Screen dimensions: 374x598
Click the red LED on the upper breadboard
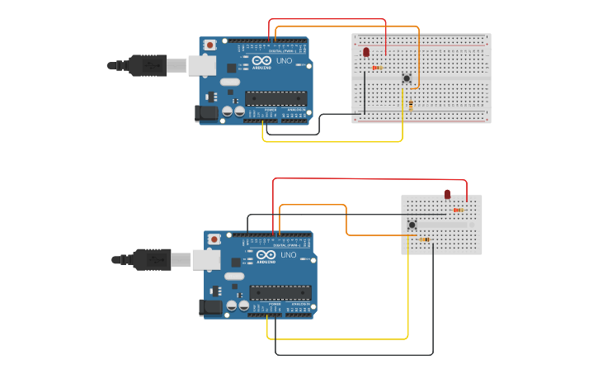[x=366, y=52]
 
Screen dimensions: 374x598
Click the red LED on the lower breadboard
[x=447, y=195]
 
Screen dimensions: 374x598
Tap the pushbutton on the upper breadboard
[x=406, y=78]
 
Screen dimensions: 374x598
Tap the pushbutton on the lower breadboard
[x=412, y=225]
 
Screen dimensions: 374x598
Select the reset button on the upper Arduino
[x=210, y=45]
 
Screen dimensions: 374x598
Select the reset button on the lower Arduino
[x=214, y=239]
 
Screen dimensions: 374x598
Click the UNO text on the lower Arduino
[x=288, y=255]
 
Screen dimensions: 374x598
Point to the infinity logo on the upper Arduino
[x=260, y=60]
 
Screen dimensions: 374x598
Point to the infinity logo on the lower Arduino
[x=266, y=254]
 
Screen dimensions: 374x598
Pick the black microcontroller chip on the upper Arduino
[x=276, y=97]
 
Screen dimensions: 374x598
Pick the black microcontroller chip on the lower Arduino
[x=281, y=291]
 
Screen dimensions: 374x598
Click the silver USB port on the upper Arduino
[x=202, y=65]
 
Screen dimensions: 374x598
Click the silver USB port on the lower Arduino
[x=206, y=260]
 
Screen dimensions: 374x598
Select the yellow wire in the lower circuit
[x=338, y=338]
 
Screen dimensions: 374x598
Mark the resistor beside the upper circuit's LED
[x=377, y=68]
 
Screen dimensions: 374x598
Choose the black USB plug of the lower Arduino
[x=153, y=260]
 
